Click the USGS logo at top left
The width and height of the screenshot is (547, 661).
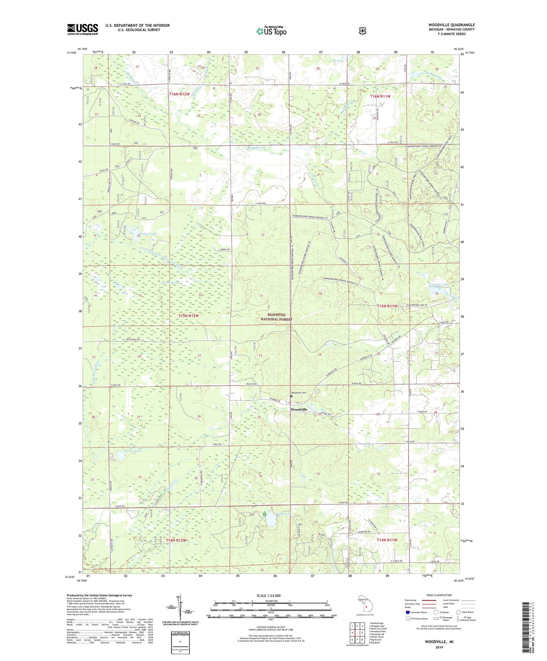point(83,29)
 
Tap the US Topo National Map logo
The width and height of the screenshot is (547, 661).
point(271,31)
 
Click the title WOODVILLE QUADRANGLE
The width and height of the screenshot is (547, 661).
point(451,25)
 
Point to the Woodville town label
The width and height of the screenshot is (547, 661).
point(299,410)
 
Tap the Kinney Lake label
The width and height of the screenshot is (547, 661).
point(122,451)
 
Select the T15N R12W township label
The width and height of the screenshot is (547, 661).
point(188,315)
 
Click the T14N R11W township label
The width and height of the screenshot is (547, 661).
point(387,540)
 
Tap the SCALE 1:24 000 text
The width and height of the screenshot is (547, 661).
point(268,596)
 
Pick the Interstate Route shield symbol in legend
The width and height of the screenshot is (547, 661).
point(407,612)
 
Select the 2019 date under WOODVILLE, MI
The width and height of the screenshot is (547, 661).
point(439,647)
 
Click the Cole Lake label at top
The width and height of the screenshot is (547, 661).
point(337,61)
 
